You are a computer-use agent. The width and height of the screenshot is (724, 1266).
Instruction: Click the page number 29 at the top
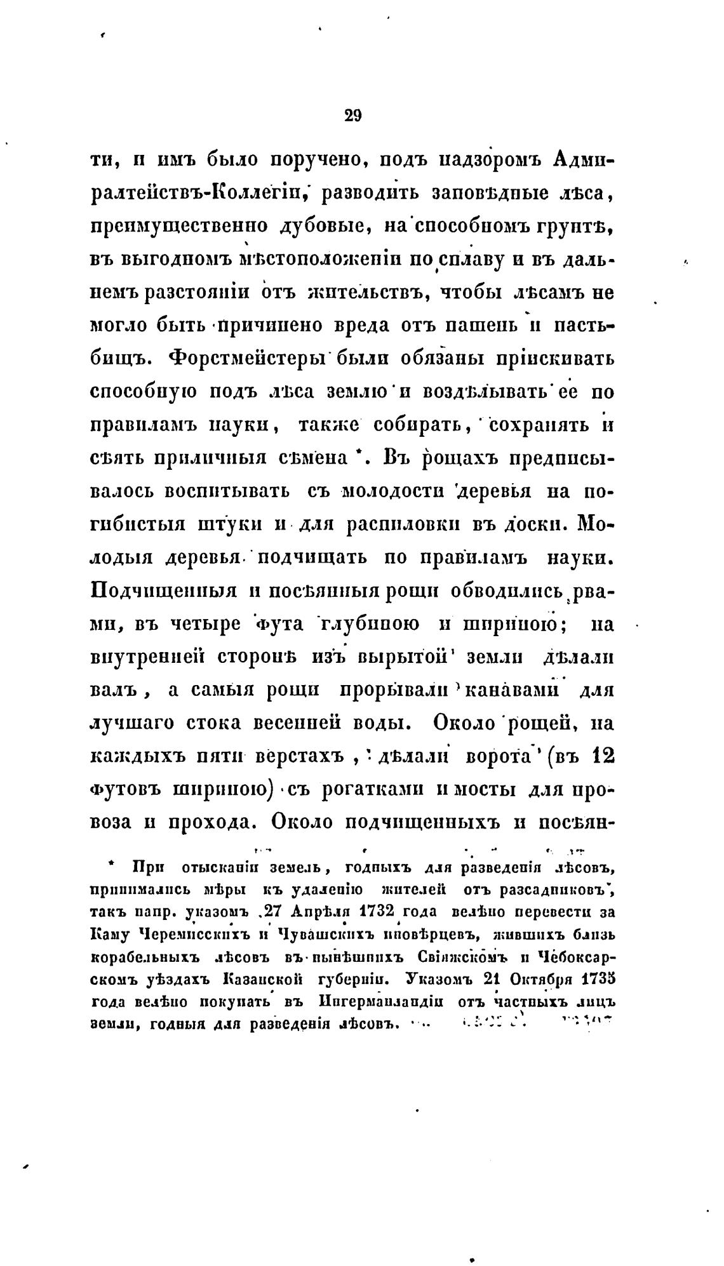click(352, 115)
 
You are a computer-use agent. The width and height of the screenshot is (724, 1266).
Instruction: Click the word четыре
click(205, 623)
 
